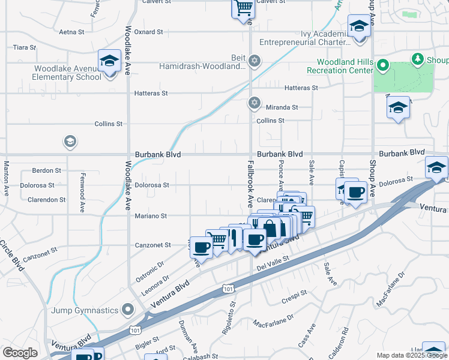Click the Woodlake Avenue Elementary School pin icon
click(x=109, y=61)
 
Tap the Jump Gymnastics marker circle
click(x=127, y=310)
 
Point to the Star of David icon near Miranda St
click(x=255, y=103)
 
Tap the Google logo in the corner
click(x=20, y=353)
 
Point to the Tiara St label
click(x=25, y=47)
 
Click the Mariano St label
click(x=151, y=215)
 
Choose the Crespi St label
click(x=295, y=293)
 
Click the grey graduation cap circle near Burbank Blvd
click(x=70, y=142)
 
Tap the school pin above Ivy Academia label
click(x=359, y=28)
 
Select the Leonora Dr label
click(x=155, y=282)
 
